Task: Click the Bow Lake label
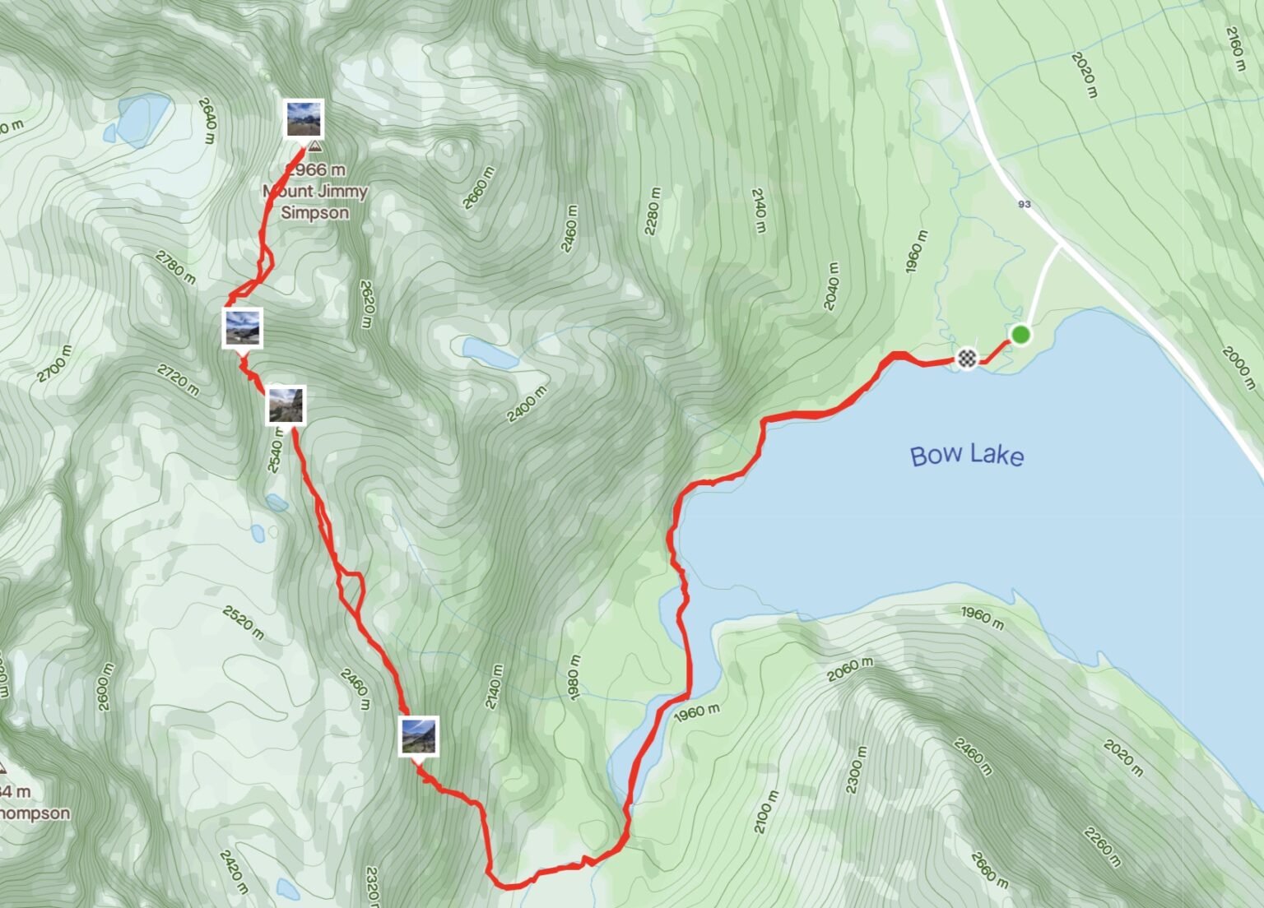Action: (967, 455)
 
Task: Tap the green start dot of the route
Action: (1020, 335)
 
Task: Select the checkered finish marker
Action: (967, 359)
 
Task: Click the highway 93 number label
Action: (1024, 204)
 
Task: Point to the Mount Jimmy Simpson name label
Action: (315, 202)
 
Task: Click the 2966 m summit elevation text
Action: (315, 169)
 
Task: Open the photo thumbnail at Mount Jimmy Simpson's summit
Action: (304, 118)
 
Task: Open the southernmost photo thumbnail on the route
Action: (419, 735)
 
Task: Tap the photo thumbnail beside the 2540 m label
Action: (286, 405)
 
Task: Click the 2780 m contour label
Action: (175, 267)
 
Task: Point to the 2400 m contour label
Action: (527, 404)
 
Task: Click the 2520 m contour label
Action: (243, 623)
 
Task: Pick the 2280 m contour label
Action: (653, 211)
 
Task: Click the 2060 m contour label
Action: (851, 669)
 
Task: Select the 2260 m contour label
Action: (1102, 847)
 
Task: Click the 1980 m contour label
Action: (574, 677)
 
